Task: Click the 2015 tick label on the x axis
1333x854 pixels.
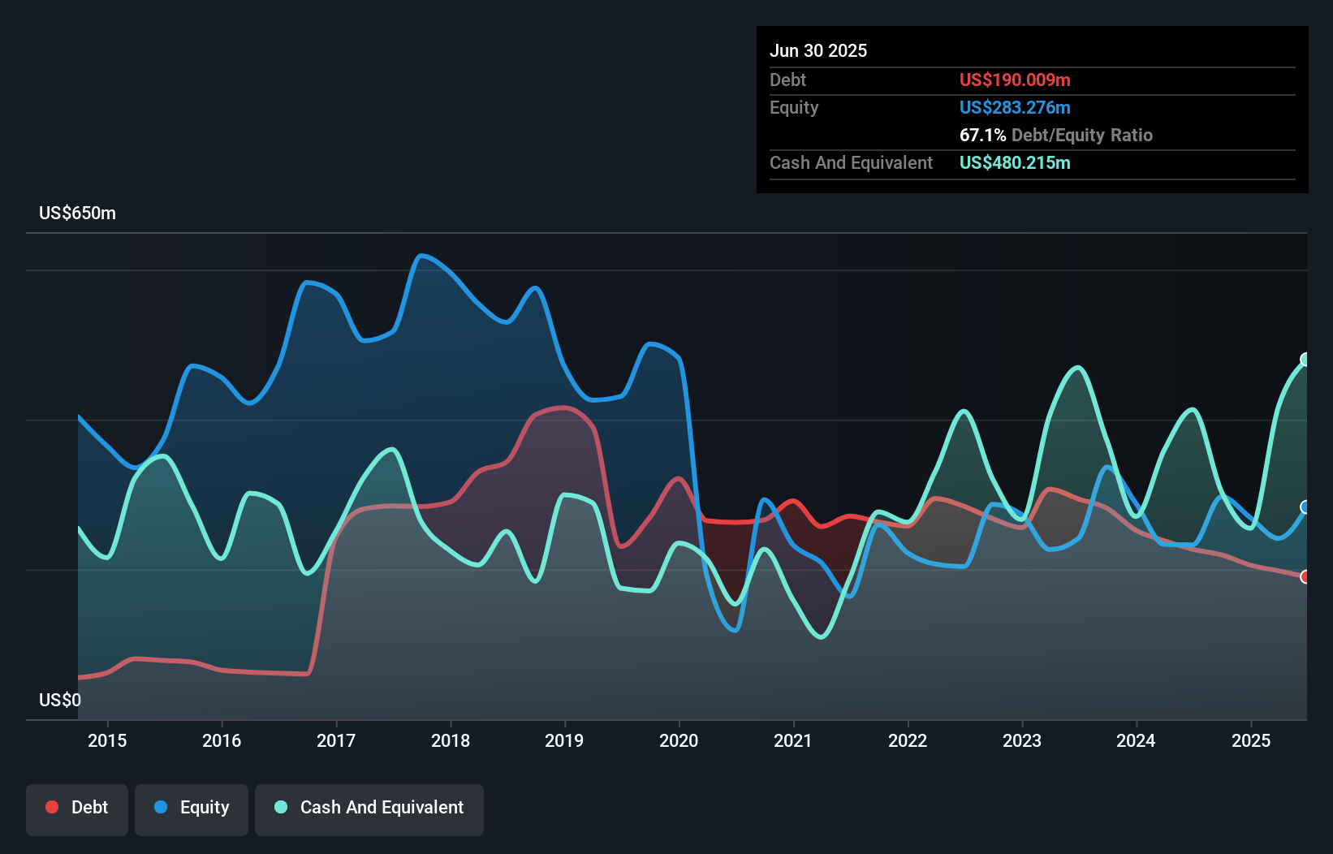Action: [107, 740]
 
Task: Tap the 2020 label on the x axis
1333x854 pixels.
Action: [679, 740]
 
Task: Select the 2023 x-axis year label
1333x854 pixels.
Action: [1021, 740]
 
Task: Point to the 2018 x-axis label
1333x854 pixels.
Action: [450, 740]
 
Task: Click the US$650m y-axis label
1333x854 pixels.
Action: [77, 213]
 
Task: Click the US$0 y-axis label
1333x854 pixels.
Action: [60, 700]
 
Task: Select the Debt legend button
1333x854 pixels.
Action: [77, 809]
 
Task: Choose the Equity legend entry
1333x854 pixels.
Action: [192, 809]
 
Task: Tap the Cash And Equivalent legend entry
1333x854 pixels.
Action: [369, 809]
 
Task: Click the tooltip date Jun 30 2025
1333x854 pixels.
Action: [818, 50]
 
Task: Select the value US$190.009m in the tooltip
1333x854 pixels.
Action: [1015, 80]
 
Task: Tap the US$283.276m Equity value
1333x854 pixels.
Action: [1015, 107]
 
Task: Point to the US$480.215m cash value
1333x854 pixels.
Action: [1015, 162]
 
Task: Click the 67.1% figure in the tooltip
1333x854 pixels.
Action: [982, 135]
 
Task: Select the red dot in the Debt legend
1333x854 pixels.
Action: [52, 807]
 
